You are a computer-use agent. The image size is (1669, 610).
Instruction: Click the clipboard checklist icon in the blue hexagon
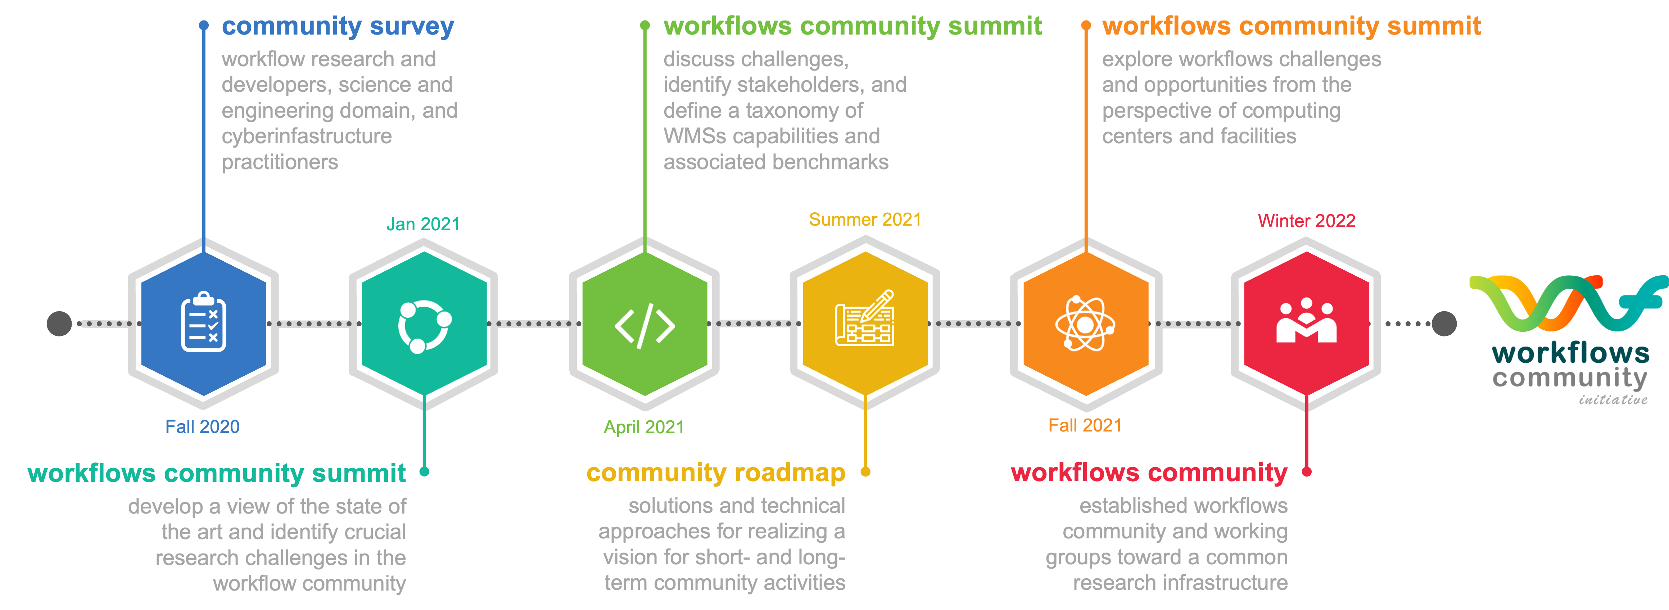point(203,322)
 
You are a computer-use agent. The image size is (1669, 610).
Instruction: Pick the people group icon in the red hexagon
point(1306,321)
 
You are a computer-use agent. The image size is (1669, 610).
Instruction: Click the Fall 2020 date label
point(202,426)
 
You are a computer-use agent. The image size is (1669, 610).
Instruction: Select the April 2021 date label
point(643,426)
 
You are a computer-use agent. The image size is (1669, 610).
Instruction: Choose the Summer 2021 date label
point(865,220)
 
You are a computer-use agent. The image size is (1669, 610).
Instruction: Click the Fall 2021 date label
point(1085,425)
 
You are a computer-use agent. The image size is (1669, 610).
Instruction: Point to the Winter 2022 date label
point(1306,221)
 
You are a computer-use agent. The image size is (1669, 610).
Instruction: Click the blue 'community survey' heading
point(338,27)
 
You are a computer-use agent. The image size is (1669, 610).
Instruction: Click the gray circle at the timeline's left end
point(60,324)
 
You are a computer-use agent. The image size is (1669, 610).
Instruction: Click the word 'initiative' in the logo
point(1613,400)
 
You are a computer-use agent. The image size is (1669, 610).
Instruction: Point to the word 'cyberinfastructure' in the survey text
point(307,136)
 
